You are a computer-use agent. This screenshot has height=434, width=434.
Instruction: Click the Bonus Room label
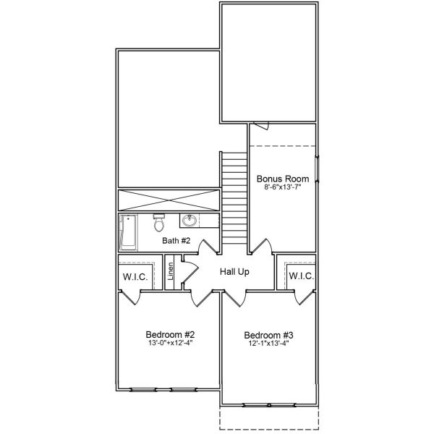pos(283,179)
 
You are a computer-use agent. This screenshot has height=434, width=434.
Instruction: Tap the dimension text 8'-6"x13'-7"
pos(283,187)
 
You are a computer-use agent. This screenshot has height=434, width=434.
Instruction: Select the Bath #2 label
pos(176,241)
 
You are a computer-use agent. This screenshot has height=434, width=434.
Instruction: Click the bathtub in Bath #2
pos(129,231)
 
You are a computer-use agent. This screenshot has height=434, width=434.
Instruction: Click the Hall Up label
pos(235,272)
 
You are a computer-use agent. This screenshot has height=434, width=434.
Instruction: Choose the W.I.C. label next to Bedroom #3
pos(301,276)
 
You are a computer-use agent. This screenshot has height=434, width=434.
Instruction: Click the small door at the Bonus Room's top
pos(261,126)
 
